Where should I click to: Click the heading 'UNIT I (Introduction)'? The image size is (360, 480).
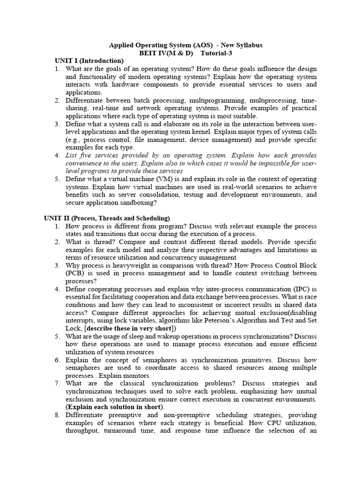pos(89,61)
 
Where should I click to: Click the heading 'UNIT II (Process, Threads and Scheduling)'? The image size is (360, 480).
pos(107,218)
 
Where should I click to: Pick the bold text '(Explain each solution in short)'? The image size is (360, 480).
pos(115,407)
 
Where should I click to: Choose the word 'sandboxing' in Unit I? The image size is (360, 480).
pos(138,203)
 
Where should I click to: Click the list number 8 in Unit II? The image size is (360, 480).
pos(57,415)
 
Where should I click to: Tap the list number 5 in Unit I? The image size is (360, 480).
pos(57,179)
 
